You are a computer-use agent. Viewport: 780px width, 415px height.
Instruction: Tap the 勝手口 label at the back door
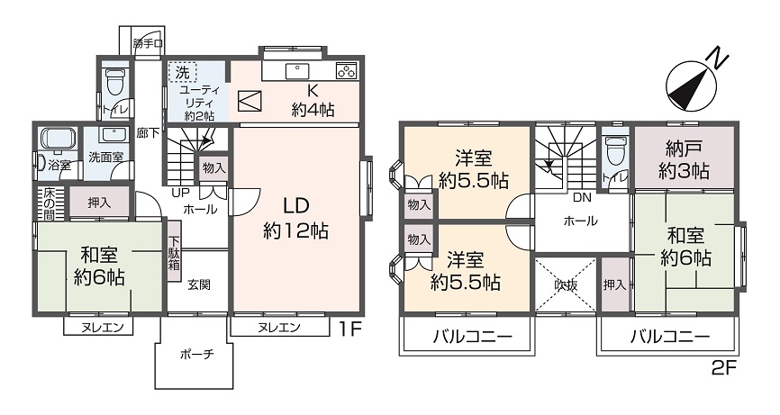(x=146, y=43)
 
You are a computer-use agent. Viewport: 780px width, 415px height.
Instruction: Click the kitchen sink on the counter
(x=296, y=71)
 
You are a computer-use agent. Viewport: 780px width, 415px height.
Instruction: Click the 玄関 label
(x=199, y=285)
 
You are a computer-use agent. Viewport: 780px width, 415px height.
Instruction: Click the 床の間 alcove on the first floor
(x=48, y=203)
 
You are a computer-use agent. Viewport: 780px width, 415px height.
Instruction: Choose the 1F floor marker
(x=350, y=329)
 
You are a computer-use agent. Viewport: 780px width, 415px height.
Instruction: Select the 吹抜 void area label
(x=565, y=284)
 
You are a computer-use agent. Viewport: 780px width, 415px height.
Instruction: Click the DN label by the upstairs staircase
(x=582, y=197)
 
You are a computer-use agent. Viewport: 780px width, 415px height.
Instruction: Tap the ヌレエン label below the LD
(x=278, y=327)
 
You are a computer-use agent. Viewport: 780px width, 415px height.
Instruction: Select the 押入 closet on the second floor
(x=614, y=285)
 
